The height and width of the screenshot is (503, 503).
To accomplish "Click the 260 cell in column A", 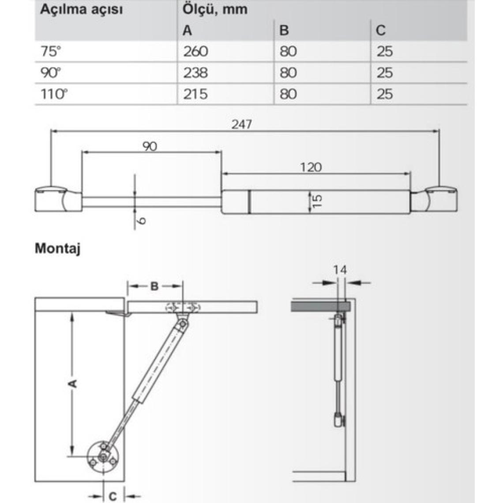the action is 195,51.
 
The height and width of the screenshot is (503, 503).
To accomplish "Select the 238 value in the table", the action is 195,72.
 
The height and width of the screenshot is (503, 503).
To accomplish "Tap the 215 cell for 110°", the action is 195,94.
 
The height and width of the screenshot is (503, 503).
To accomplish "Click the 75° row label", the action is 51,51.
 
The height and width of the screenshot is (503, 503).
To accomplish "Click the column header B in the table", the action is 284,30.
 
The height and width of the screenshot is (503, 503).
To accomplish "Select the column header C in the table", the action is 380,30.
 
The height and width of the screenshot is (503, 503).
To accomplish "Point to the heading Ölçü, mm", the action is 215,9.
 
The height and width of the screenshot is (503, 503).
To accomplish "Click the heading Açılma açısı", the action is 82,10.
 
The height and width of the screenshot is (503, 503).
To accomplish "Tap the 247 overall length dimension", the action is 242,124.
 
